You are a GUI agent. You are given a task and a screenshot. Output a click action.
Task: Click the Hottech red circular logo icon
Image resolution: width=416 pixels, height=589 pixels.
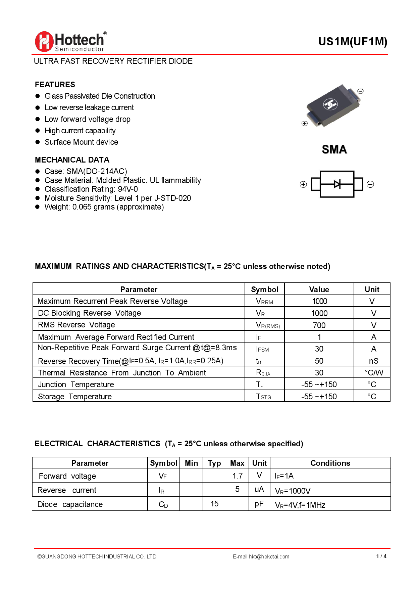(x=44, y=42)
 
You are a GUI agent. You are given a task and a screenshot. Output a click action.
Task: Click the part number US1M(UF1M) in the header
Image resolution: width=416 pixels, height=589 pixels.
(x=353, y=42)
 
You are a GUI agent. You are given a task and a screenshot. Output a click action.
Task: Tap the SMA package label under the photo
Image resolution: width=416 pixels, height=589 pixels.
(x=334, y=149)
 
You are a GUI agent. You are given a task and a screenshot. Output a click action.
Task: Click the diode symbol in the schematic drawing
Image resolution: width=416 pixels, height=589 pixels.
(x=337, y=184)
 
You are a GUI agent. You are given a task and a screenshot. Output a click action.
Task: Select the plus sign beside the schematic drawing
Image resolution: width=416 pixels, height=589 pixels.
(x=303, y=184)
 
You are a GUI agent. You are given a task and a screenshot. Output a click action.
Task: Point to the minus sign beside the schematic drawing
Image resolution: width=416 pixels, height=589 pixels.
(x=370, y=184)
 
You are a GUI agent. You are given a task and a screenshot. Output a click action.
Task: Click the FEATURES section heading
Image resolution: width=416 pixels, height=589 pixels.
(x=55, y=85)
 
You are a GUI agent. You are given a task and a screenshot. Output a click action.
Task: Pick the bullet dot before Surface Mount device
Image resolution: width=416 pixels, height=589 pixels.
(x=38, y=142)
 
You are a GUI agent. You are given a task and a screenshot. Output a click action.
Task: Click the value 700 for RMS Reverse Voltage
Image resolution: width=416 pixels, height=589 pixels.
(x=319, y=325)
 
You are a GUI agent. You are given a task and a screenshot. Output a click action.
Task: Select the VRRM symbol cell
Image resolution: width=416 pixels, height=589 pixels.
(x=264, y=301)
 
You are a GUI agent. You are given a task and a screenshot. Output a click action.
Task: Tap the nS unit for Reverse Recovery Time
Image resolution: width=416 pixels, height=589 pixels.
(x=373, y=361)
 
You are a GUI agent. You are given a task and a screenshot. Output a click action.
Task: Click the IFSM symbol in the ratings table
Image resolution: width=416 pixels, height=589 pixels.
(x=262, y=349)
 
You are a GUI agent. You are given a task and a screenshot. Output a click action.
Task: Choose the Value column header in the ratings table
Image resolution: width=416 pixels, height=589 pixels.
(x=319, y=289)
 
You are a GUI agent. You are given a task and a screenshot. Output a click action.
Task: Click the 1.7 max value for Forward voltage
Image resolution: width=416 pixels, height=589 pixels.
(x=238, y=476)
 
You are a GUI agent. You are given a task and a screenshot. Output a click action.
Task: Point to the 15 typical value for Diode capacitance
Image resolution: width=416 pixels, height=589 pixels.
(x=214, y=504)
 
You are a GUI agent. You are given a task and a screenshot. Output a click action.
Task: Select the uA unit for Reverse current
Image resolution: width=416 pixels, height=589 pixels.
(x=259, y=489)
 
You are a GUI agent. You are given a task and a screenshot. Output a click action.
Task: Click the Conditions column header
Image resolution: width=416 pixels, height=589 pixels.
(x=330, y=463)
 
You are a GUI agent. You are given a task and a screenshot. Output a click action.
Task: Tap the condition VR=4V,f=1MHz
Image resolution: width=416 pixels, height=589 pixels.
(x=300, y=505)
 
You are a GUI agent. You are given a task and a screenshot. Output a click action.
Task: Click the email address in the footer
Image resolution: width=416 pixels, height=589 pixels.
(x=261, y=556)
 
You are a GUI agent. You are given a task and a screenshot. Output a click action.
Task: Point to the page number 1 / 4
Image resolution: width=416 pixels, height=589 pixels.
(x=381, y=556)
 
